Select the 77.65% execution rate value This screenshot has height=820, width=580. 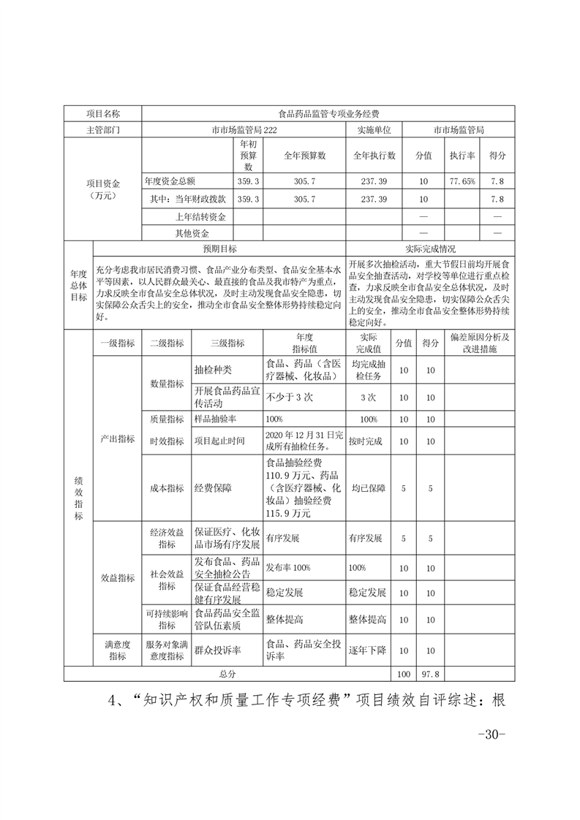(462, 181)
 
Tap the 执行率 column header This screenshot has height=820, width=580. (462, 156)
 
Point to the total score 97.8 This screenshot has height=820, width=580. (430, 673)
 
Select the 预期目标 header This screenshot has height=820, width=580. (219, 249)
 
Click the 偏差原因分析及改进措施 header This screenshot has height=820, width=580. (479, 343)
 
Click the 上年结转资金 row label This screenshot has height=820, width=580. (200, 217)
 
